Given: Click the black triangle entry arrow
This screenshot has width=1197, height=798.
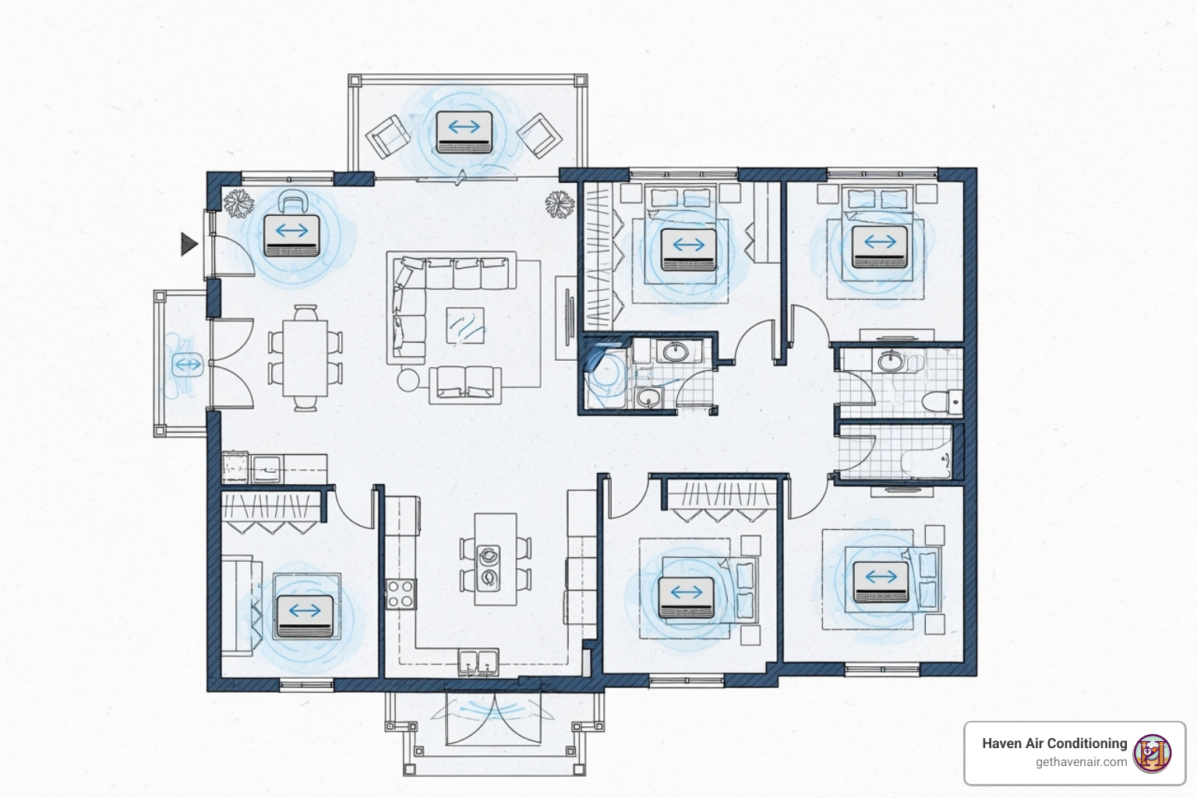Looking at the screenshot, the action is coord(188,244).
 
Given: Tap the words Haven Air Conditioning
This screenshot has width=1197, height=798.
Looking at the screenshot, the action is coord(1054,743).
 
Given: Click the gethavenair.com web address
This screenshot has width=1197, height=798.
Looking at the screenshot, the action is coord(1081,762).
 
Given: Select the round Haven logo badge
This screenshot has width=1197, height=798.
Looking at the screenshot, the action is coord(1152,754).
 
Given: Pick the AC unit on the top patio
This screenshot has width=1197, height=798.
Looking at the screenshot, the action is coord(464,132).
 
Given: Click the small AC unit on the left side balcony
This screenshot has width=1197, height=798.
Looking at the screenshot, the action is coord(188,365).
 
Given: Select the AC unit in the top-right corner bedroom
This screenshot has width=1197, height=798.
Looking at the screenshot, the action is coord(880,247).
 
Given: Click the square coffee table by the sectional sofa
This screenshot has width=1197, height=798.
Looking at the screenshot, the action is coord(465,326).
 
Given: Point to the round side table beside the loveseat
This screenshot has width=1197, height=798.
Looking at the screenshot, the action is coord(408,380).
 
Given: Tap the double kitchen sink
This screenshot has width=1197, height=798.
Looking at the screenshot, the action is coord(478,662).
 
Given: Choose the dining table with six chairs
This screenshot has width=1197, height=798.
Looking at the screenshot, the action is coord(305,358).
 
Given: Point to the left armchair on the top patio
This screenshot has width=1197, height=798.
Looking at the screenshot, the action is coord(388,137).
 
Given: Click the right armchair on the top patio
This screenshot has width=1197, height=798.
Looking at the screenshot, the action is coord(539,136).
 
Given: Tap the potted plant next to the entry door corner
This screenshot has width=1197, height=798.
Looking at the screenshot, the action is coord(238,203).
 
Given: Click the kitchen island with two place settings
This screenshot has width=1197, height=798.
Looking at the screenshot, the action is coord(496,559).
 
